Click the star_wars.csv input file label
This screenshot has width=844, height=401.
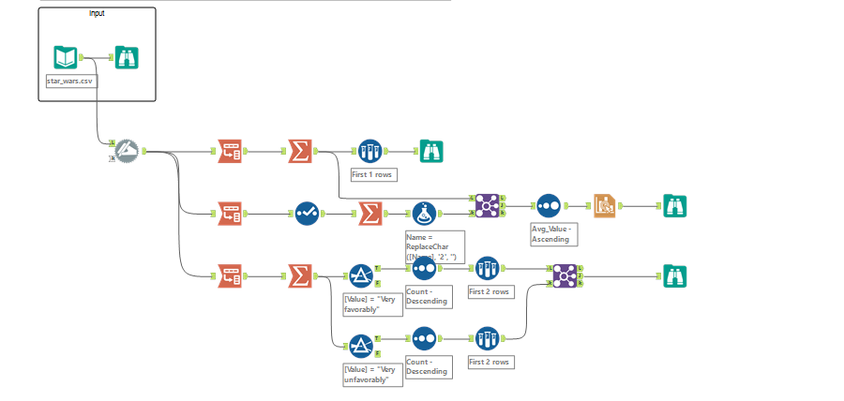tap(71, 81)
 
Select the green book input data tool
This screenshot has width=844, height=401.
tap(65, 58)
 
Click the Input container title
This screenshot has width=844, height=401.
tap(98, 13)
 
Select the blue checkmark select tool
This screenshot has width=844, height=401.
tap(308, 214)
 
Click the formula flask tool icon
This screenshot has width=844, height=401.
tap(424, 214)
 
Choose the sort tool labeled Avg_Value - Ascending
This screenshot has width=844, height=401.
tap(548, 204)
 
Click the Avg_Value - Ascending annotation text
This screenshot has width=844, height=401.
tap(554, 233)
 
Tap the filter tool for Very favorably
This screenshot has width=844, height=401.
tap(361, 275)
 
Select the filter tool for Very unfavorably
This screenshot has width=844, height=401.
tap(361, 345)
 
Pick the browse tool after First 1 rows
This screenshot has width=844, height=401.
tap(431, 151)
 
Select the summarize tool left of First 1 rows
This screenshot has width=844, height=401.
tap(300, 151)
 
